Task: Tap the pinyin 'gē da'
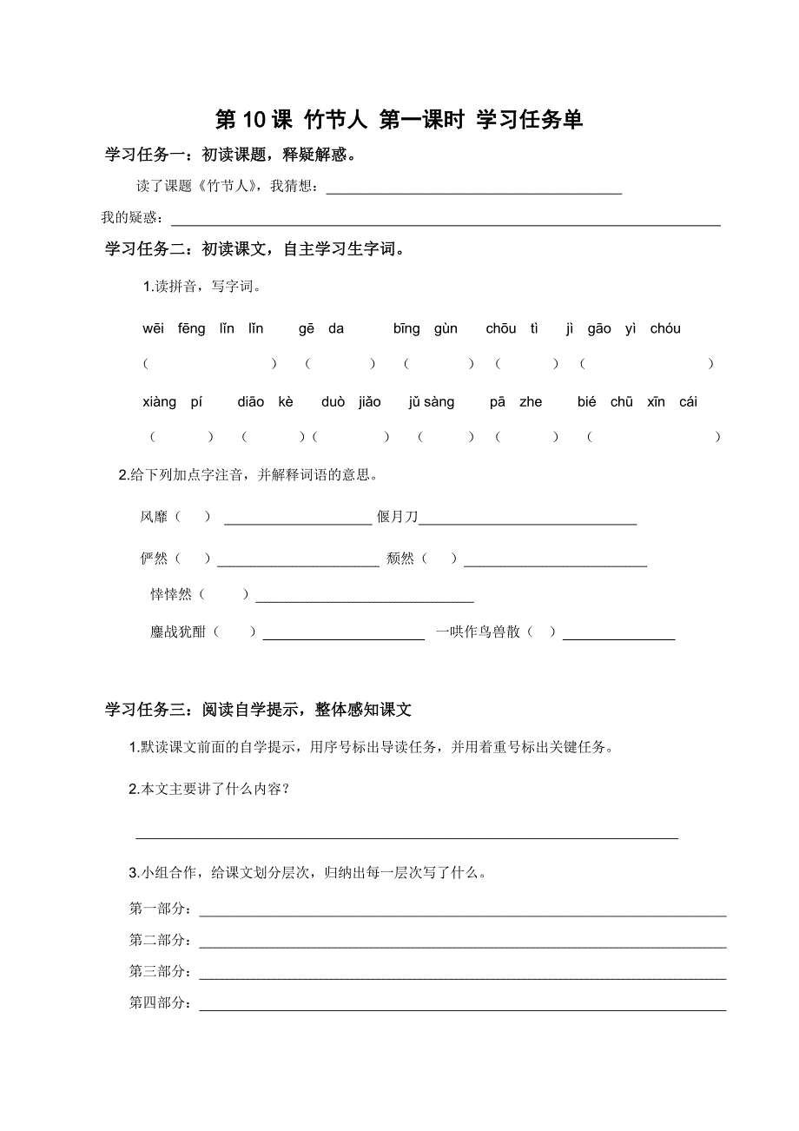pos(321,328)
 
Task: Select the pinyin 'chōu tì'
pos(512,328)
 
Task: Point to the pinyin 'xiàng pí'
pos(172,402)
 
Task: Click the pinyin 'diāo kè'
pos(265,402)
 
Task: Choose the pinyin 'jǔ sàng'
pos(431,402)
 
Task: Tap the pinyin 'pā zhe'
pos(516,402)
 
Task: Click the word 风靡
pos(154,517)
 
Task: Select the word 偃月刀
pos(397,517)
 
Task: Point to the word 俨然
pos(154,559)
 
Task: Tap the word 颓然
pos(400,559)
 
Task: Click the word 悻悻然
pos(171,594)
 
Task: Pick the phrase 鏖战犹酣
pos(178,632)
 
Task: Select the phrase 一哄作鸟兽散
pos(478,632)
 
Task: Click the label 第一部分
pos(160,909)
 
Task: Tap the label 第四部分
pos(160,1003)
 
